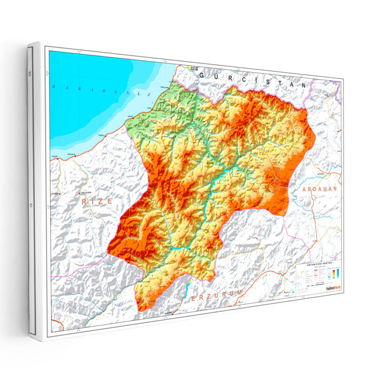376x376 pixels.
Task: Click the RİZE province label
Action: tap(97, 201)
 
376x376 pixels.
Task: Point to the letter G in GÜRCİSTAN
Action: tap(203, 75)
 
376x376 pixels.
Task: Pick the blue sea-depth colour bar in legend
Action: tap(337, 273)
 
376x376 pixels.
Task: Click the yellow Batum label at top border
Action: tap(193, 67)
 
